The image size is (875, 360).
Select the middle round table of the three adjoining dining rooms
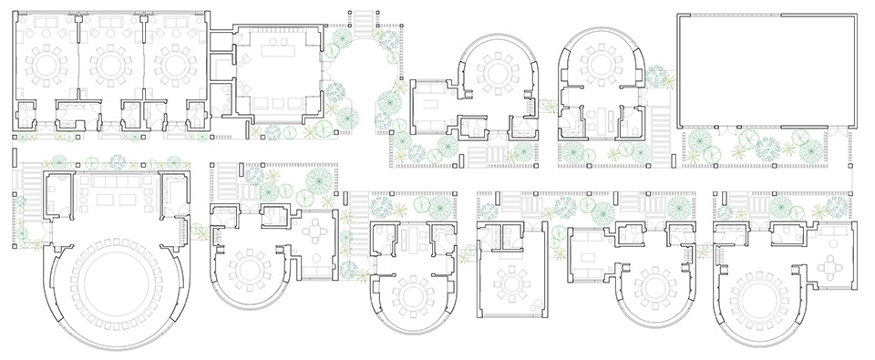point(109,66)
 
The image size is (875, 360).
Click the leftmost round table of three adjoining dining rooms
point(46,66)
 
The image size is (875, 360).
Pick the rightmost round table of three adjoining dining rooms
point(173,66)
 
